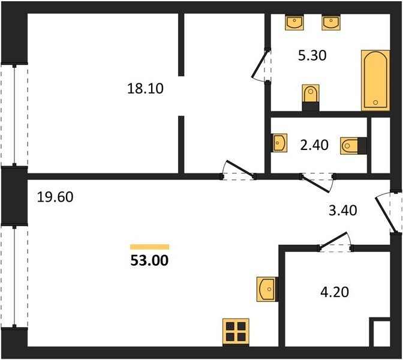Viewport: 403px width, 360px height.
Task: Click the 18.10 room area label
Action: pyautogui.click(x=145, y=88)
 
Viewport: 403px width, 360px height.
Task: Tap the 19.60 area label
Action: pyautogui.click(x=55, y=197)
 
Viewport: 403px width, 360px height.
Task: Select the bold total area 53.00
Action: pyautogui.click(x=149, y=260)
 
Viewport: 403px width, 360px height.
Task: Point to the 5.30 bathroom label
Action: pyautogui.click(x=312, y=55)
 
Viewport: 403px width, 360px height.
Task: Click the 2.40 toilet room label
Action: pyautogui.click(x=314, y=145)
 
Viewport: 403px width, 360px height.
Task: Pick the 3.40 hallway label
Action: pyautogui.click(x=343, y=211)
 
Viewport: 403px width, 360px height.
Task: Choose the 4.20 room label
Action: pyautogui.click(x=335, y=292)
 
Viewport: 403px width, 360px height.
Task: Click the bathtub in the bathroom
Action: pyautogui.click(x=375, y=80)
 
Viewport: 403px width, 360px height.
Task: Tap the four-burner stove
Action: pyautogui.click(x=236, y=332)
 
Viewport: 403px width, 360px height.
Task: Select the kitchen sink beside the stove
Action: pyautogui.click(x=267, y=289)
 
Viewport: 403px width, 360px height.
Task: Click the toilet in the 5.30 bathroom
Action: pyautogui.click(x=311, y=97)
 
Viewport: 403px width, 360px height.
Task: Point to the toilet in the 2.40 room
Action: pyautogui.click(x=353, y=146)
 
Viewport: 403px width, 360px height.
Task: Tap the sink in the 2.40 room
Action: pyautogui.click(x=279, y=143)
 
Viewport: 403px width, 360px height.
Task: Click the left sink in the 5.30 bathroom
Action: pyautogui.click(x=294, y=22)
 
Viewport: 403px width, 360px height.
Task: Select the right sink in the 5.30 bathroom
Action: pyautogui.click(x=331, y=22)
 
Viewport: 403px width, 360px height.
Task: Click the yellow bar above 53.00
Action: pyautogui.click(x=149, y=247)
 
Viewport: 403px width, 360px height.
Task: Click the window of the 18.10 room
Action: pyautogui.click(x=14, y=115)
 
